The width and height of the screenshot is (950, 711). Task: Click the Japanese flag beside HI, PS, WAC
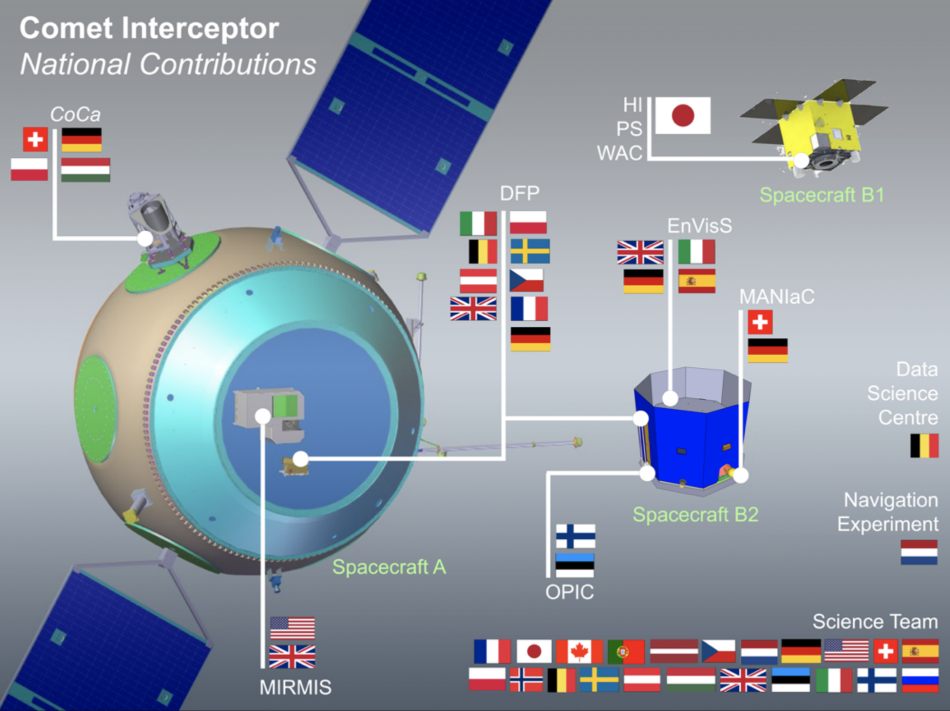(x=682, y=115)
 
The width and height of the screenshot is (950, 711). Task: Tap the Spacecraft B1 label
(x=821, y=195)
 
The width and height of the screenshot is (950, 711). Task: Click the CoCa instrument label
(x=75, y=114)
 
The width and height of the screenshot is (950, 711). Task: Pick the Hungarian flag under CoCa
(x=85, y=170)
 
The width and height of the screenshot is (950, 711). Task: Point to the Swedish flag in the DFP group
(x=530, y=251)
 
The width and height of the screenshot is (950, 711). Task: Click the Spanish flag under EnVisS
(x=696, y=281)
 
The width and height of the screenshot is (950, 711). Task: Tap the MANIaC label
(x=777, y=297)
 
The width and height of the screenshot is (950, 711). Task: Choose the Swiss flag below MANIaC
(x=760, y=322)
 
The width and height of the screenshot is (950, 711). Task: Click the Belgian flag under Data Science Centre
(x=924, y=446)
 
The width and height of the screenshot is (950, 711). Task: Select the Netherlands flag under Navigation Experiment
(x=919, y=552)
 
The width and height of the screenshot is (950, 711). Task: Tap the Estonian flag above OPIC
(x=575, y=565)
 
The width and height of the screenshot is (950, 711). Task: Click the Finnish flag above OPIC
(x=575, y=536)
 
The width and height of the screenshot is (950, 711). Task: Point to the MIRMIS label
(x=295, y=688)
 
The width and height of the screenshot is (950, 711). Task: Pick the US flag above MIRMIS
(x=292, y=628)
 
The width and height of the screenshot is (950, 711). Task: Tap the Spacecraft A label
(x=389, y=567)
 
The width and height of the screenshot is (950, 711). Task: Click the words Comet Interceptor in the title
(x=149, y=28)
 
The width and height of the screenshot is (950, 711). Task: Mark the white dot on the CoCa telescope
(x=145, y=238)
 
